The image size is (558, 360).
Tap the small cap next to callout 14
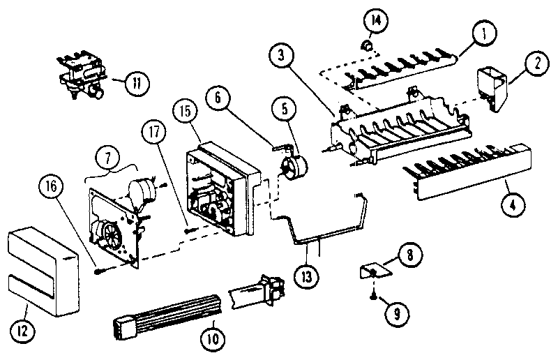point(364,46)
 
